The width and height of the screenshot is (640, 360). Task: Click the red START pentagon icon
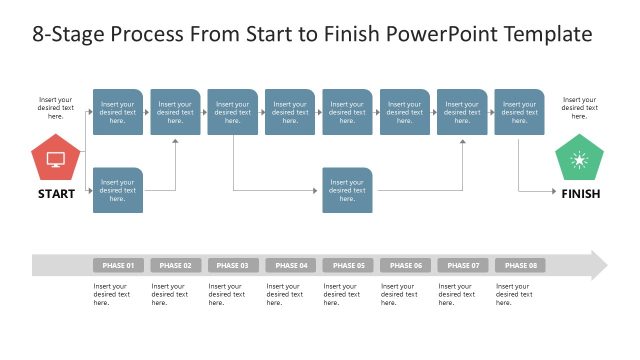pyautogui.click(x=56, y=159)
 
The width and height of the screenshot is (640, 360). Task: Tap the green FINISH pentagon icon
pyautogui.click(x=579, y=159)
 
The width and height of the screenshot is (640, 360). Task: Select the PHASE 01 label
pyautogui.click(x=118, y=265)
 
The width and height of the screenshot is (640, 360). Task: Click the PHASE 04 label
pyautogui.click(x=290, y=265)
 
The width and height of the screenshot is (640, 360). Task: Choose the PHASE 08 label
pyautogui.click(x=519, y=265)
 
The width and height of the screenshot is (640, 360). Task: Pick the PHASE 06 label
pyautogui.click(x=405, y=265)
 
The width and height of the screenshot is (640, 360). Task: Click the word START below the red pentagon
pyautogui.click(x=56, y=194)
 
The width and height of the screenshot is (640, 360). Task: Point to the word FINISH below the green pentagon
pyautogui.click(x=580, y=194)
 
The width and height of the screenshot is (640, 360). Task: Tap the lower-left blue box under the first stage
pyautogui.click(x=118, y=190)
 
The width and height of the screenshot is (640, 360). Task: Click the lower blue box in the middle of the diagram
pyautogui.click(x=347, y=190)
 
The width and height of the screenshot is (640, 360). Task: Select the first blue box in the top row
pyautogui.click(x=118, y=111)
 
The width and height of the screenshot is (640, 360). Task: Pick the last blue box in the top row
pyautogui.click(x=519, y=111)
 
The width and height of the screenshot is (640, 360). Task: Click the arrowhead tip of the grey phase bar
pyautogui.click(x=604, y=265)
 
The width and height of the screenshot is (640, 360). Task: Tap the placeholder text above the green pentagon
pyautogui.click(x=579, y=108)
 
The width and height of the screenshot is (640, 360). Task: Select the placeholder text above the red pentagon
pyautogui.click(x=56, y=108)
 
